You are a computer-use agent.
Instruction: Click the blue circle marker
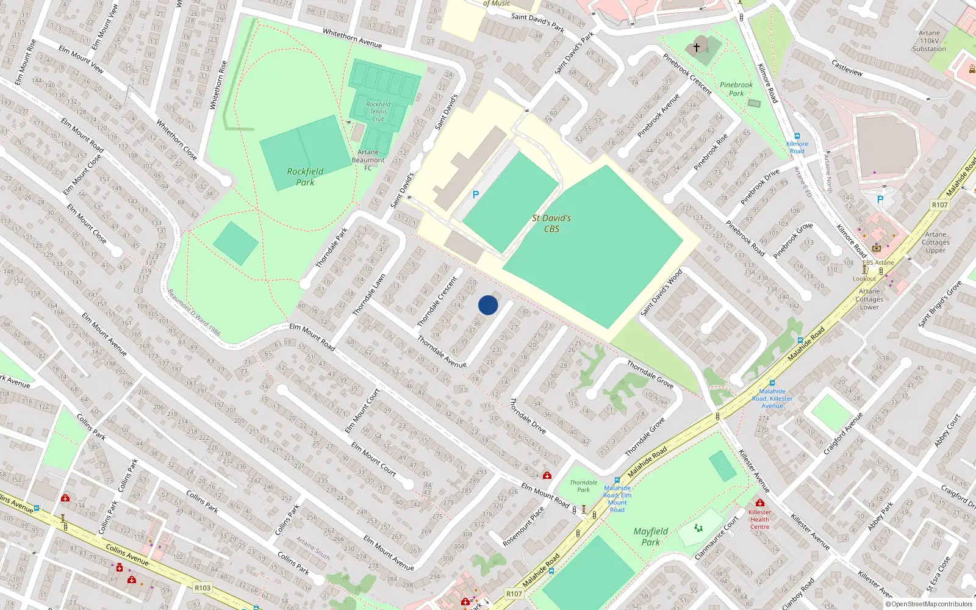488,305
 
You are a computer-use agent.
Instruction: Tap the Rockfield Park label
305,176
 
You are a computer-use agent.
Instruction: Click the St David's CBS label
551,223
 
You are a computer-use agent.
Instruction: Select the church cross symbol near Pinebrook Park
697,47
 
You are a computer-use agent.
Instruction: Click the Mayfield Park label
650,536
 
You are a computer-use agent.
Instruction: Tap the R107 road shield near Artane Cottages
939,205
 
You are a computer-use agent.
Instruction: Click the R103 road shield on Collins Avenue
203,588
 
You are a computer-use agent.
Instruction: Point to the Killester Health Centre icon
759,503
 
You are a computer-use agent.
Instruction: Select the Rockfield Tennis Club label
378,112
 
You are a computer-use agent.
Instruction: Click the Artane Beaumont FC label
368,160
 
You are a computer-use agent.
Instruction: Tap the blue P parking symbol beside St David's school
476,195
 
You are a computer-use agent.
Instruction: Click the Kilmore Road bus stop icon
797,136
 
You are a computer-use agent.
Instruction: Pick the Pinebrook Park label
736,89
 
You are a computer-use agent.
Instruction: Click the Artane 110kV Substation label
929,41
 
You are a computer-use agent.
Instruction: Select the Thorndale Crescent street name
437,301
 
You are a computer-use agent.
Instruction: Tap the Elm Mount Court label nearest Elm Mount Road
362,411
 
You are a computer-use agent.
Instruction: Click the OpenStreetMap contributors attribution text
929,604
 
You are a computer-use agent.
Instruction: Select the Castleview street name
847,67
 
